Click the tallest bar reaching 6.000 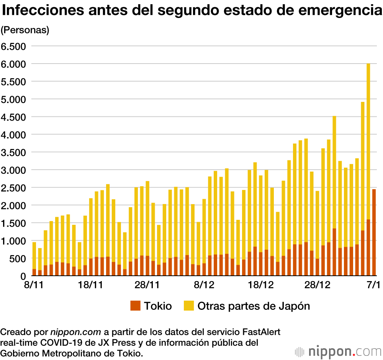click(368, 153)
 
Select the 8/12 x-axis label click(204, 285)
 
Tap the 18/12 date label click(260, 285)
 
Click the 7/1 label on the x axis click(373, 285)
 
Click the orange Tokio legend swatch click(136, 306)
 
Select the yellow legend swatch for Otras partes click(189, 306)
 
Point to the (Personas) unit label click(25, 30)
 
